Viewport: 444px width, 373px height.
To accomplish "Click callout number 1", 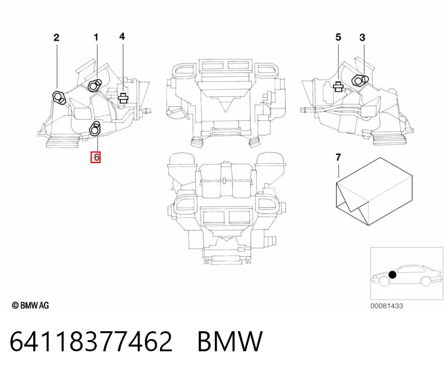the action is [x=96, y=37].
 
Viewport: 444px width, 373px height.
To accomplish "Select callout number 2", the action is [x=56, y=38].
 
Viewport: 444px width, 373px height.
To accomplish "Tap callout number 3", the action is [x=362, y=38].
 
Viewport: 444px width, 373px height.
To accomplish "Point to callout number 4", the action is [x=122, y=37].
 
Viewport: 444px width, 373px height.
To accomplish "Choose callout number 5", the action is [x=338, y=37].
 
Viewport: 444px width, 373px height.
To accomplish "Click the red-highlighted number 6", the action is [x=96, y=157].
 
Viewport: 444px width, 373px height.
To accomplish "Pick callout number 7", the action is [x=338, y=157].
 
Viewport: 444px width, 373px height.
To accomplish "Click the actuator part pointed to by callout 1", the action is [x=94, y=85].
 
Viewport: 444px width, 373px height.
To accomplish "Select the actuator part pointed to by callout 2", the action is [x=59, y=97].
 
